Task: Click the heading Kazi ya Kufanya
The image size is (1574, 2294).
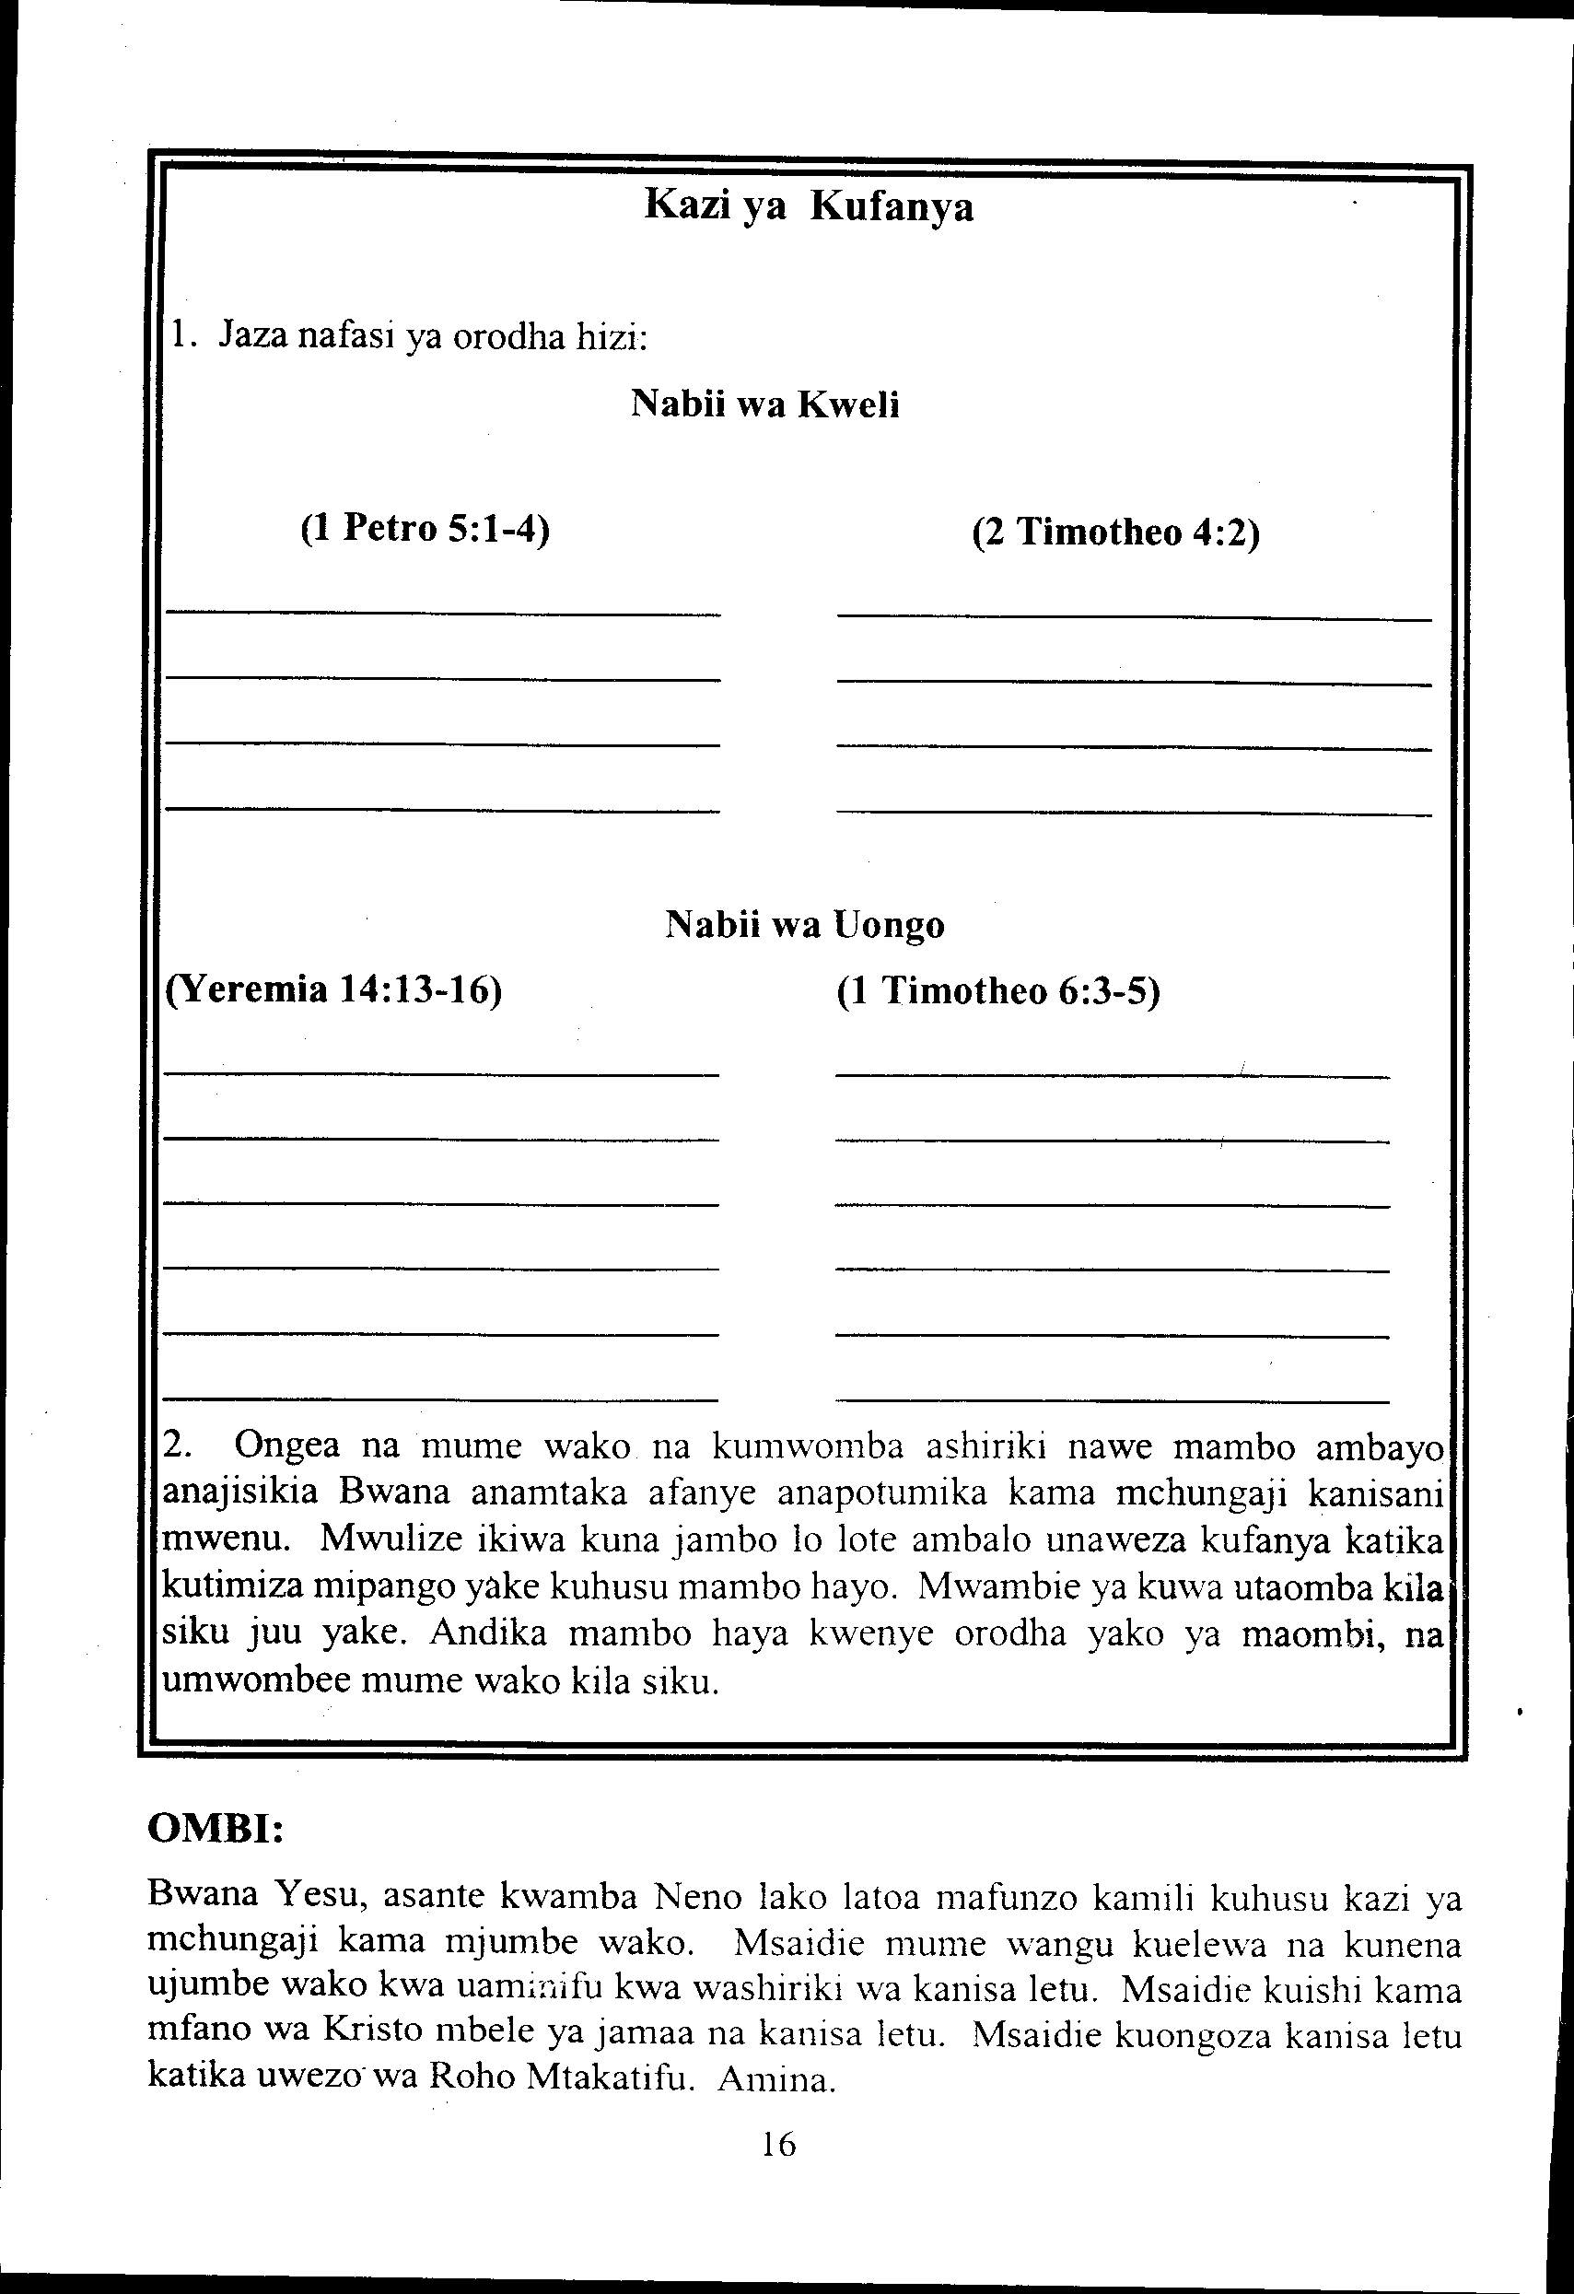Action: [809, 207]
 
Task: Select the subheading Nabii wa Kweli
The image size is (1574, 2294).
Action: [764, 404]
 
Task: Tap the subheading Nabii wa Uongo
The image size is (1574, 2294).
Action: [804, 925]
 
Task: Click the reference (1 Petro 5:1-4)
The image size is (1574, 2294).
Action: [425, 530]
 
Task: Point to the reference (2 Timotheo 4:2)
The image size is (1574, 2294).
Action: [1115, 533]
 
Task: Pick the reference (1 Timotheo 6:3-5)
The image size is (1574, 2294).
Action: [997, 991]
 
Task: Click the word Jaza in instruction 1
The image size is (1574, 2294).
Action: [252, 335]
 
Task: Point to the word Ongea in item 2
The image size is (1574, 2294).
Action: [287, 1446]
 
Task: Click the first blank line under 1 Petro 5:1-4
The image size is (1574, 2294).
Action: [443, 614]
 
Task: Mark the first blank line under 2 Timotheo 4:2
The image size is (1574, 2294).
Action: [1134, 619]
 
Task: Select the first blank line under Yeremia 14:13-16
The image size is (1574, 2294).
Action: [441, 1074]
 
